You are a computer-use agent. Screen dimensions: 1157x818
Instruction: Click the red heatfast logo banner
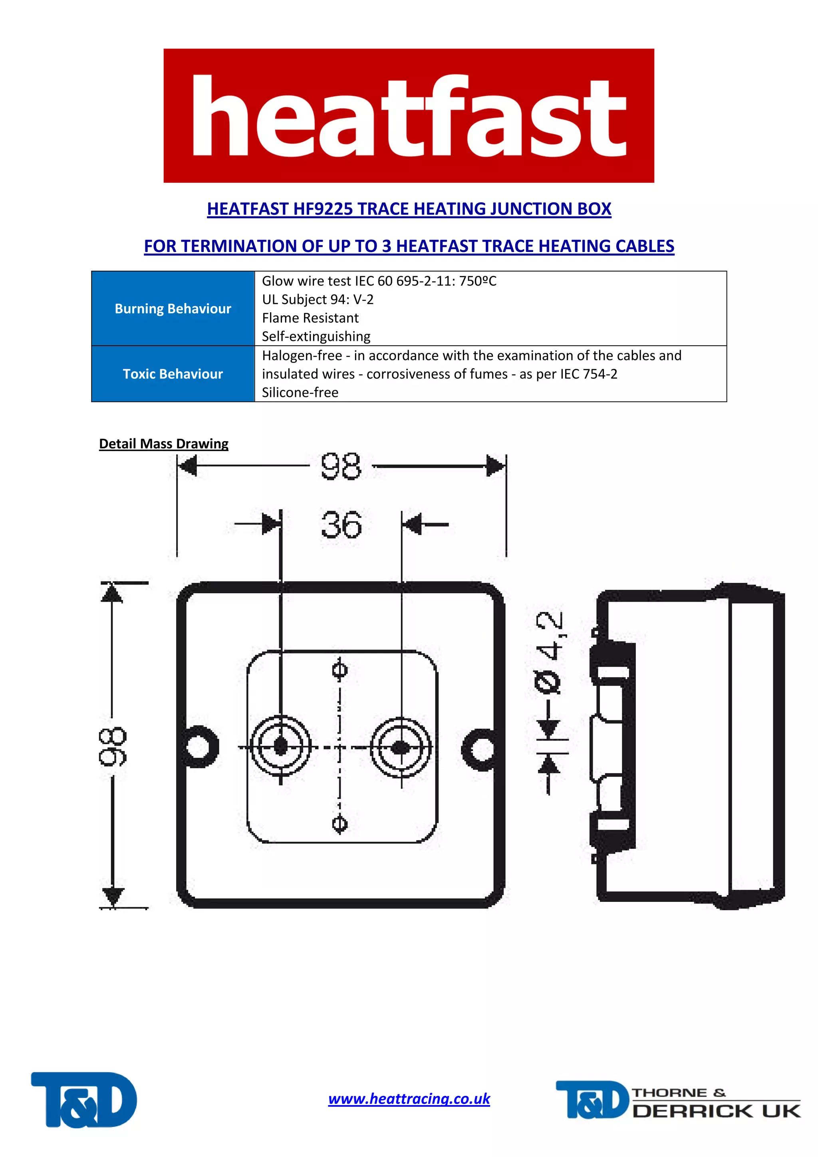[409, 115]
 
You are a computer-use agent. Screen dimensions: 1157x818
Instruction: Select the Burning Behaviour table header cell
[173, 308]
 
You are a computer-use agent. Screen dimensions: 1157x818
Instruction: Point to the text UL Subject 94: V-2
[318, 299]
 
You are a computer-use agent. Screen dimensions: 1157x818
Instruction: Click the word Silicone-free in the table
[300, 392]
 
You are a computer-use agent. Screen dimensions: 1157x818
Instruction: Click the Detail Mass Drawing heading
[164, 444]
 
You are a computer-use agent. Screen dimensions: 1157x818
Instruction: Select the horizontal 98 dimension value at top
[341, 466]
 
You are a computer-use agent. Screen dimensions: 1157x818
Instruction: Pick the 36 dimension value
[341, 525]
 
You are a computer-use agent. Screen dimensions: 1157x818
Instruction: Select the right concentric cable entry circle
[401, 748]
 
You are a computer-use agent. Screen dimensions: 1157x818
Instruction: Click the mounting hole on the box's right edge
[479, 749]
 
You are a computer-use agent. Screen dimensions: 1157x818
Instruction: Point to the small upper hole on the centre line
[340, 671]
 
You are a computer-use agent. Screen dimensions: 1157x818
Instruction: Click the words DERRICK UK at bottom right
[716, 1111]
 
